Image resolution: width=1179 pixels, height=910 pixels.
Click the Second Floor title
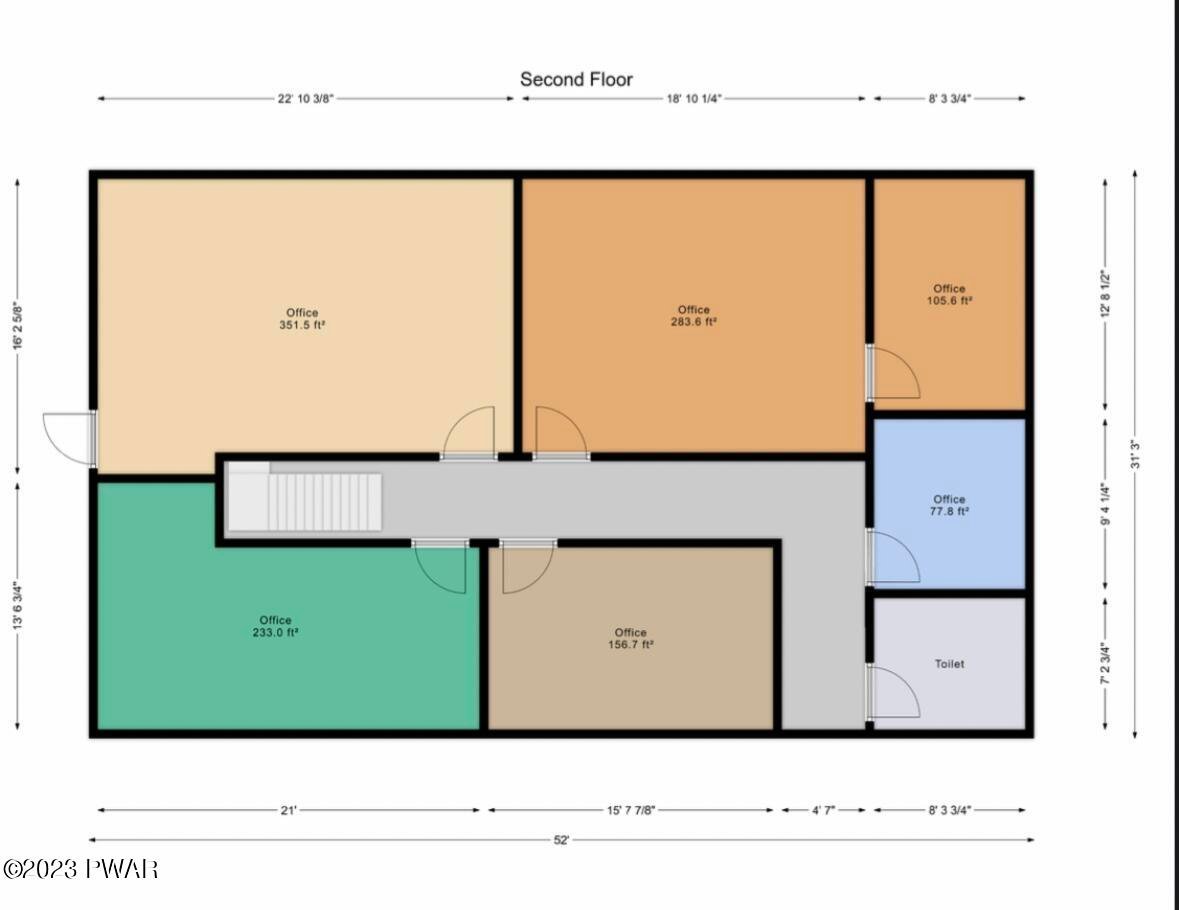(x=576, y=79)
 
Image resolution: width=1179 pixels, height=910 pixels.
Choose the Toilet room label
(x=950, y=664)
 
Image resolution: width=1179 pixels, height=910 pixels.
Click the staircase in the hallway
(x=305, y=498)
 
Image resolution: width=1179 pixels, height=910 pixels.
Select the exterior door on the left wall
(x=70, y=438)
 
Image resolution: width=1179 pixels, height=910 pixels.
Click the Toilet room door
(x=893, y=691)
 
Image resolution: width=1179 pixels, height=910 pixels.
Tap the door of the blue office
(x=893, y=557)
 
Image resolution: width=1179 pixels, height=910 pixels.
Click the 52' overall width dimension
(x=562, y=840)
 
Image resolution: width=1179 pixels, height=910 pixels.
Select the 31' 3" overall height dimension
(x=1135, y=454)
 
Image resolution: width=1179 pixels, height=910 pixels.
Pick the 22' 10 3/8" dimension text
(x=305, y=99)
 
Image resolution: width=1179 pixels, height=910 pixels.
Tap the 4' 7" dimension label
(x=823, y=810)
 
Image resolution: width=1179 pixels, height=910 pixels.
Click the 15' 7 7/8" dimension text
(x=632, y=810)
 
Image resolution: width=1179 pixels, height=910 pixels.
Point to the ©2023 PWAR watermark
(x=80, y=869)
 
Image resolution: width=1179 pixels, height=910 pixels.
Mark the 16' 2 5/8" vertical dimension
(x=18, y=326)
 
